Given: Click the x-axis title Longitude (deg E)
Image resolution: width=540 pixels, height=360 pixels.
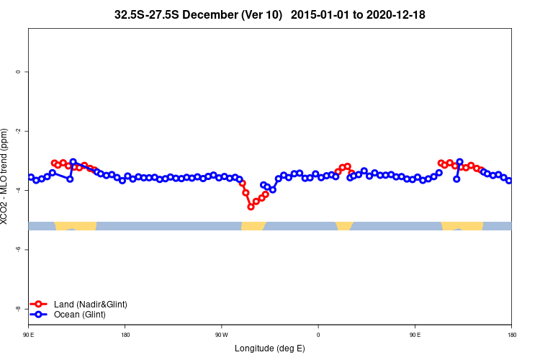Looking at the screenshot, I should coord(270,348).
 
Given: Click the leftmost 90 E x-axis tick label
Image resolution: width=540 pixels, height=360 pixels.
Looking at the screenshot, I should coord(28,335).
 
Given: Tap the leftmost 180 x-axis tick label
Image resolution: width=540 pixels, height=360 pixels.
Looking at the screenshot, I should coord(125,335).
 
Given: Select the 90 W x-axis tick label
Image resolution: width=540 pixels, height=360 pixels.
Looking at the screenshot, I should coord(221,335).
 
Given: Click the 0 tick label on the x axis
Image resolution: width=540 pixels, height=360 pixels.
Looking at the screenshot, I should coord(318,335).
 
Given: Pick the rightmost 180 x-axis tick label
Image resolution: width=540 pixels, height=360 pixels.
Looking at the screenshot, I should coord(511,335).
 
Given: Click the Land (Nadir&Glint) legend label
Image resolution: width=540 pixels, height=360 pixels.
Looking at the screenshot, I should coord(90,305).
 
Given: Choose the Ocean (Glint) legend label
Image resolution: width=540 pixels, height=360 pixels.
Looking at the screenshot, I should coord(79,315).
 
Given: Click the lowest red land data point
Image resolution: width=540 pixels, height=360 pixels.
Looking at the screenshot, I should coord(251,207).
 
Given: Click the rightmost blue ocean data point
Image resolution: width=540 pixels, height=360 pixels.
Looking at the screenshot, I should coord(509,181).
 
